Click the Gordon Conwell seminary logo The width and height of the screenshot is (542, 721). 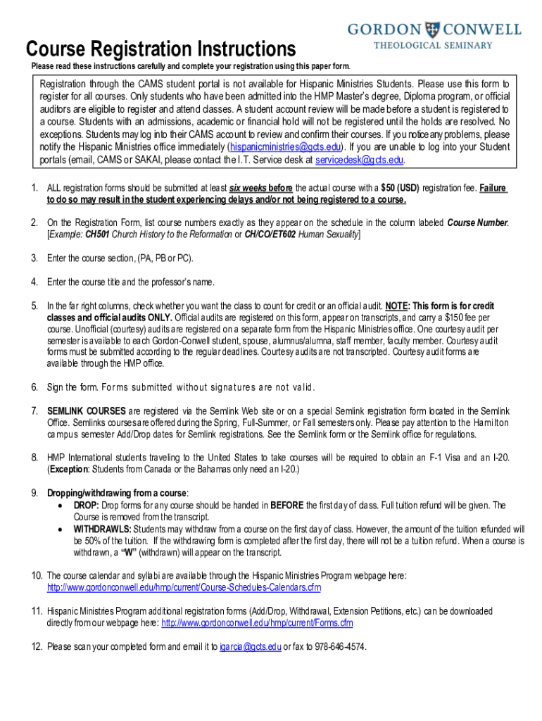click(x=434, y=35)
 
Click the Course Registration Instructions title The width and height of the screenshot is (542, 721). click(x=160, y=49)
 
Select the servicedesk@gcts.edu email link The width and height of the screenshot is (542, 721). click(x=359, y=160)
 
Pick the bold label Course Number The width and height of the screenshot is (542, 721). click(x=477, y=223)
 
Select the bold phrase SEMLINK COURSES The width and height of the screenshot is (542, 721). click(x=87, y=410)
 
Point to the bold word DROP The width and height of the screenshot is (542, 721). click(x=87, y=505)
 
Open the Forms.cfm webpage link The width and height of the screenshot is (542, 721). click(x=257, y=623)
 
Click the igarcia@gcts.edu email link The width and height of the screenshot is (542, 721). click(x=251, y=647)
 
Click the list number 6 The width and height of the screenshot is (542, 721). click(x=34, y=387)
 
